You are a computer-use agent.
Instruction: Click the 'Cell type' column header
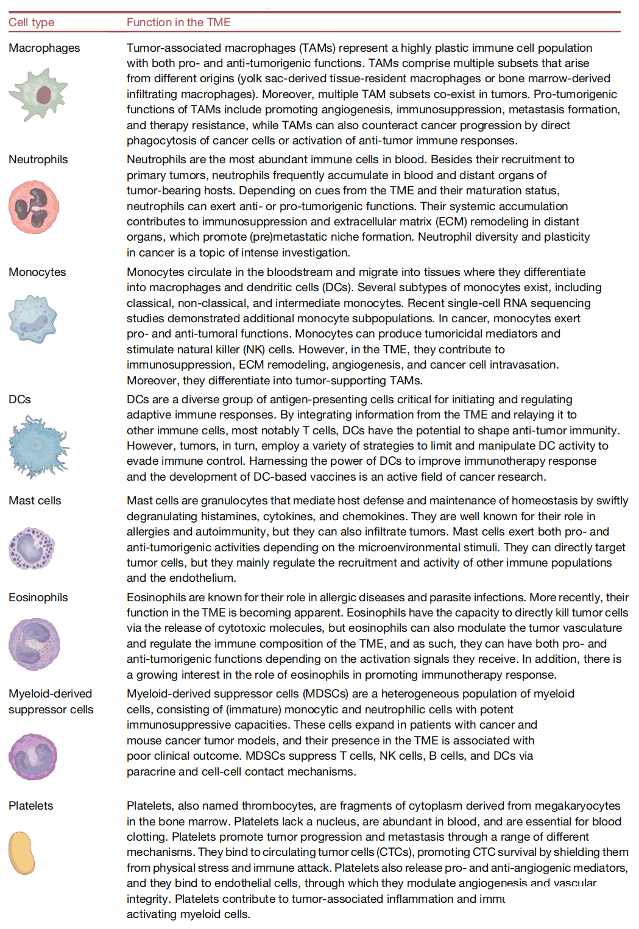pos(31,23)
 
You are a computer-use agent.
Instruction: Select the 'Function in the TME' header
pos(178,23)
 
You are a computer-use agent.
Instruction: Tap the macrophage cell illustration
pos(38,94)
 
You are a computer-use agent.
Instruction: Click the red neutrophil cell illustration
pos(34,207)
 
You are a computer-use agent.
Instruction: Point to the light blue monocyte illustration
pos(33,319)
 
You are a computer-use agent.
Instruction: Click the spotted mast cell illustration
pos(32,548)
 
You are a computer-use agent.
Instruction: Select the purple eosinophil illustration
pos(34,645)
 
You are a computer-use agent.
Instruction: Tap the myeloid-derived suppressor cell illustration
pos(33,757)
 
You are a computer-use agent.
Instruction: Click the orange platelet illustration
pos(22,853)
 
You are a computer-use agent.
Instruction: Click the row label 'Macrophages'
pos(44,48)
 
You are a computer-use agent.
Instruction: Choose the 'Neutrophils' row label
pos(38,160)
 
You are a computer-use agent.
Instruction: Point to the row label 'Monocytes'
pos(37,272)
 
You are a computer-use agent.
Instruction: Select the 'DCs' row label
pos(19,400)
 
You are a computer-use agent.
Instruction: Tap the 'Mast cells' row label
pos(35,501)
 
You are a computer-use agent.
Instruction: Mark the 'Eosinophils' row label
pos(38,598)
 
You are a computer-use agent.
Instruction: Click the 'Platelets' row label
pos(31,806)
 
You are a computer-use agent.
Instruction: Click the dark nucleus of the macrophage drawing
pos(43,94)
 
